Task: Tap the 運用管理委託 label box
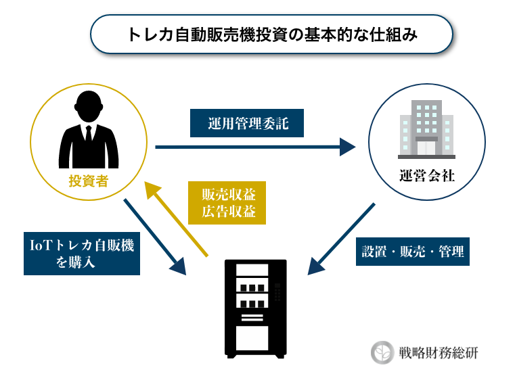(x=247, y=123)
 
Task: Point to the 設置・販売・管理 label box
(x=413, y=252)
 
